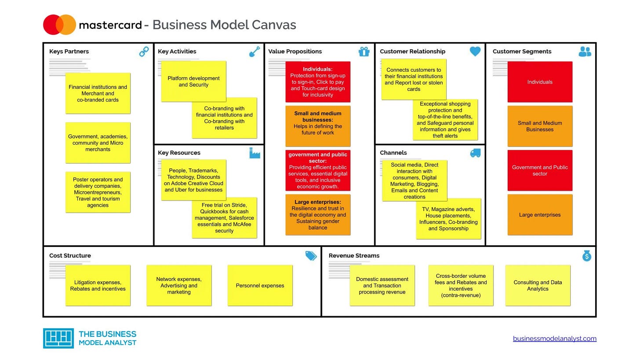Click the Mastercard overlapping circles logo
click(59, 25)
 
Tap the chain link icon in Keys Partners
click(144, 52)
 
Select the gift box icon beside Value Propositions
click(364, 52)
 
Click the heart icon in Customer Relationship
click(475, 51)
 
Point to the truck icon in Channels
click(475, 153)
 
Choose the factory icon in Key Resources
click(255, 153)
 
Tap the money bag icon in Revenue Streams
click(587, 255)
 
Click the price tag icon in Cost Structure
click(311, 256)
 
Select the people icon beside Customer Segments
click(585, 52)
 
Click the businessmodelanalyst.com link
click(554, 338)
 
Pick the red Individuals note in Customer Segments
click(540, 82)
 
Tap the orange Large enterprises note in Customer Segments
click(540, 215)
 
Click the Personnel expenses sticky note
click(260, 285)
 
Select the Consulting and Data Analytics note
click(538, 285)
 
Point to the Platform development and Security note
click(193, 81)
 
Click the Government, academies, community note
click(98, 143)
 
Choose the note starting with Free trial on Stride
click(224, 218)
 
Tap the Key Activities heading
click(177, 51)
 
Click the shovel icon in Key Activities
click(255, 52)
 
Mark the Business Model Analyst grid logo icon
click(58, 338)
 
